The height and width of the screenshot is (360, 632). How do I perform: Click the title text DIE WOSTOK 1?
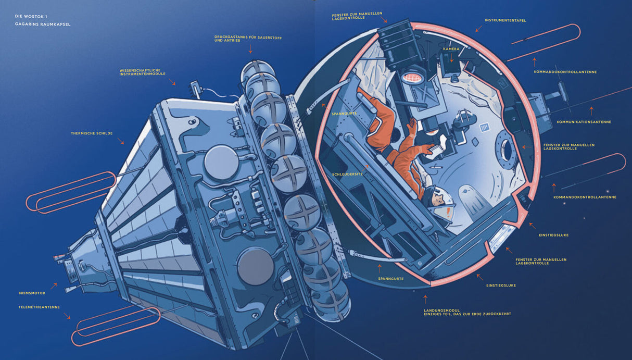[x=31, y=16]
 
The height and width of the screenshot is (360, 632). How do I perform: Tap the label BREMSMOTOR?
[x=32, y=293]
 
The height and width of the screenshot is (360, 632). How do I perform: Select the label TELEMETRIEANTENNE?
[x=39, y=307]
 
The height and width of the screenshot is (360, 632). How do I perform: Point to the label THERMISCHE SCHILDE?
[x=92, y=133]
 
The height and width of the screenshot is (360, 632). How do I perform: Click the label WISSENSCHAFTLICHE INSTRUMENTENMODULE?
[x=142, y=72]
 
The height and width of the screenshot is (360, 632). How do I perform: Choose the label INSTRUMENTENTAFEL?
[x=505, y=20]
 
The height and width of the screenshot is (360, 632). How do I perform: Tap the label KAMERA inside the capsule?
[x=451, y=49]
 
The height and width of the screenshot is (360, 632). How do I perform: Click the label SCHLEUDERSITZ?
[x=347, y=174]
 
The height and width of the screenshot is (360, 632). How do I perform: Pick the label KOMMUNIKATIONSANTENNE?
[x=584, y=122]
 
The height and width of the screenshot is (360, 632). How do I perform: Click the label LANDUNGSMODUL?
[x=442, y=311]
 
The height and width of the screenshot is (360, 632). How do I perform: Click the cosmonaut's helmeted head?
[x=439, y=204]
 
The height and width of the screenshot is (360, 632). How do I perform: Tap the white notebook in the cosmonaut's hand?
[x=435, y=146]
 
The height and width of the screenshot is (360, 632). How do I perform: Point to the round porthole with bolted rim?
[x=507, y=150]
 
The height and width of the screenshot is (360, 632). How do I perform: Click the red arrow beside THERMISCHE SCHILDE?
[x=121, y=141]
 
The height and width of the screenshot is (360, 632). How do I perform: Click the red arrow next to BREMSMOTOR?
[x=54, y=286]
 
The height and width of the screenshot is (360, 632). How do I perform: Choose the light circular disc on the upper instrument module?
[x=221, y=163]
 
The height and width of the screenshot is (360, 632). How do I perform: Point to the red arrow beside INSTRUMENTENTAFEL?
[x=479, y=29]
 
